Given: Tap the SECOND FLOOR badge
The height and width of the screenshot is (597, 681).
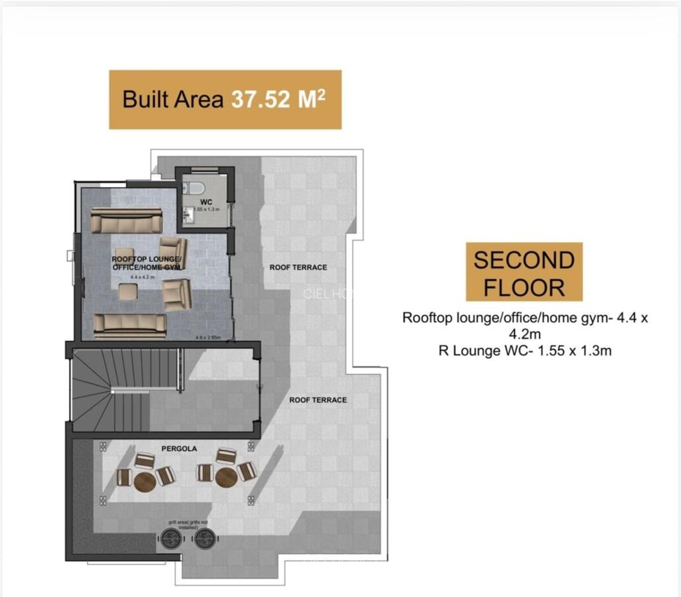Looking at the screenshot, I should click(x=524, y=272).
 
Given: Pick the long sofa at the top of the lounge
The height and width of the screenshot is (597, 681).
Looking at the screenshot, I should click(x=126, y=220).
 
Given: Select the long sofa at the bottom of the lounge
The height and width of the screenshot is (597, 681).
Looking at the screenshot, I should click(x=129, y=324).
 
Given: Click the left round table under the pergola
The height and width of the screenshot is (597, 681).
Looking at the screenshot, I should click(x=145, y=482).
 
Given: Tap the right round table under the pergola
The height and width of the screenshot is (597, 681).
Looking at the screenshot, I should click(x=225, y=477).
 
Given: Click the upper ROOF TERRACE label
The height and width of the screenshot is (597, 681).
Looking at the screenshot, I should click(x=298, y=267).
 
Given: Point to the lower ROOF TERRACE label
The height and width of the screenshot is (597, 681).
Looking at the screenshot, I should click(x=318, y=400).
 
